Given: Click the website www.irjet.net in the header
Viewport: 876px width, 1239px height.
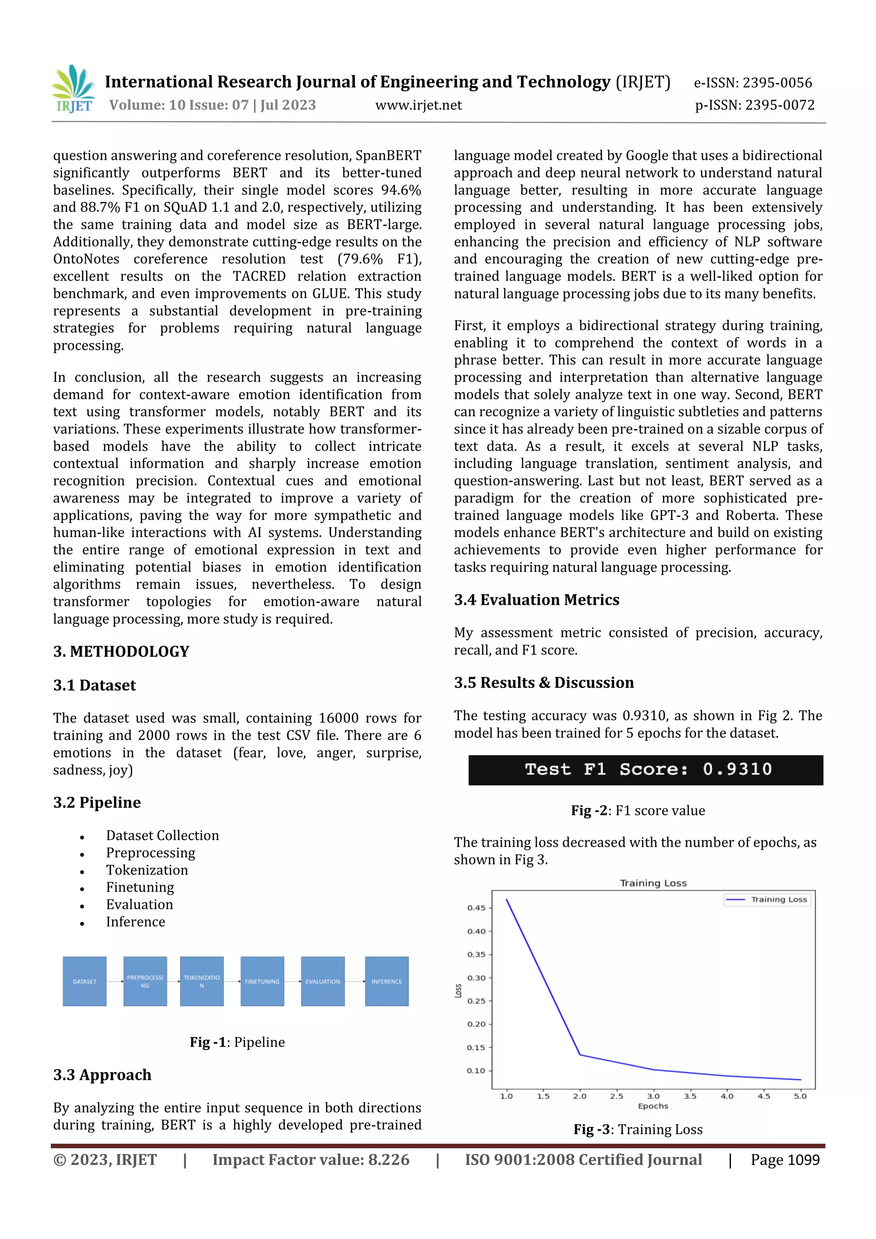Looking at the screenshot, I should point(418,105).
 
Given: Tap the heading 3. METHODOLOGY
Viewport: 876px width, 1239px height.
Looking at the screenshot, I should point(121,651).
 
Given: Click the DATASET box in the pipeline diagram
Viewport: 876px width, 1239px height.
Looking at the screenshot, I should point(85,981).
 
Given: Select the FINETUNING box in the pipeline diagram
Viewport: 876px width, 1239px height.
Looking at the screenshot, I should point(262,981).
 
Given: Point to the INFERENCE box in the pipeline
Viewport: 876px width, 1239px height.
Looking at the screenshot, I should point(386,981).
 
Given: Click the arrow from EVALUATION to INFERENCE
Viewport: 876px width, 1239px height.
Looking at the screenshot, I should point(355,981).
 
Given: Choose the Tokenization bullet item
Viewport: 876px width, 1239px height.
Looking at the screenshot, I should point(147,870).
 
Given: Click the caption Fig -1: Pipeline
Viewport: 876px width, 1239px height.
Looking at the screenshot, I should point(237,1042).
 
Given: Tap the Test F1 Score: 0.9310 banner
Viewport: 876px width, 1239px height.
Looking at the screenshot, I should point(645,769).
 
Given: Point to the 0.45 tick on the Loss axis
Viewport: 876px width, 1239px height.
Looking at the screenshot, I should point(476,908).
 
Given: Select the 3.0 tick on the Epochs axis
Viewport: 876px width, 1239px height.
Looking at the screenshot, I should point(653,1096).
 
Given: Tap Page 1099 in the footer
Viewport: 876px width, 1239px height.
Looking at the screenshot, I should point(785,1160).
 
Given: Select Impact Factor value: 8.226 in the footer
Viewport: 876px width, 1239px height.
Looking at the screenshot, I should point(311,1160).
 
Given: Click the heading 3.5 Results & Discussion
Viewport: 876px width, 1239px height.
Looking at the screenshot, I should point(544,682).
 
